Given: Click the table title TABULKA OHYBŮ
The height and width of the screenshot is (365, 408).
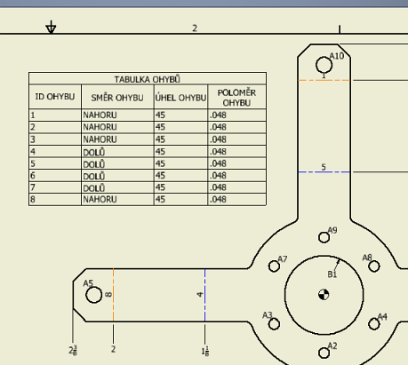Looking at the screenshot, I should (x=147, y=79).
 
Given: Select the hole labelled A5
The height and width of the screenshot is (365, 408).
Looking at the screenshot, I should (x=94, y=294).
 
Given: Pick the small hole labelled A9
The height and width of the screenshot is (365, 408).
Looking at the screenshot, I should (x=324, y=237).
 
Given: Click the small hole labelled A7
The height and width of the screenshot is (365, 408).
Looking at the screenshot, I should (x=274, y=266).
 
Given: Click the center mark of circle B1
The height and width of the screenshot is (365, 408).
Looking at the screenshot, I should (x=323, y=295).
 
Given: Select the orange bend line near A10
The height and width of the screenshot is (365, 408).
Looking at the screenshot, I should (x=324, y=80).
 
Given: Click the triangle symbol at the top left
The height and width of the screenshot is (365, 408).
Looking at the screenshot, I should (x=52, y=28).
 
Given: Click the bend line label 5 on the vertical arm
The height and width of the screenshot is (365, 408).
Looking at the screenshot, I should (x=324, y=167).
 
